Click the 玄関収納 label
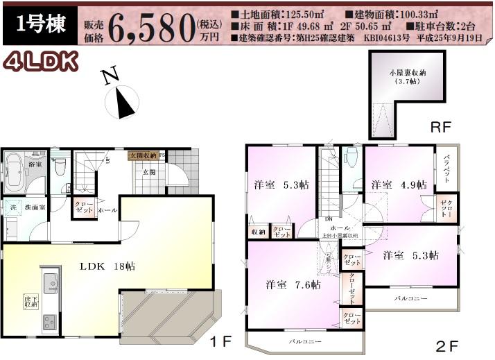(143, 156)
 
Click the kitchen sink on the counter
(51, 281)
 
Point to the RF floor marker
(441, 127)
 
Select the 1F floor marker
(222, 341)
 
